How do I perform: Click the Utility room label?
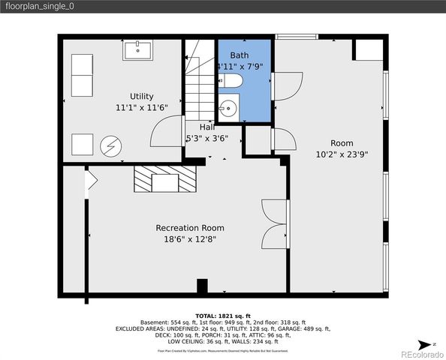pyautogui.click(x=141, y=96)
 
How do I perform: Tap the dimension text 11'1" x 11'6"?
pyautogui.click(x=141, y=107)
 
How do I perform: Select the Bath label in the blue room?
pyautogui.click(x=239, y=55)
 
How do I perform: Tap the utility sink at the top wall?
pyautogui.click(x=137, y=50)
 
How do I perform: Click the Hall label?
pyautogui.click(x=207, y=127)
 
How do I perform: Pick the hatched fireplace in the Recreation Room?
pyautogui.click(x=164, y=180)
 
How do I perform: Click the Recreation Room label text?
pyautogui.click(x=189, y=228)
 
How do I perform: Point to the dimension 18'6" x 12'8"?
pyautogui.click(x=189, y=239)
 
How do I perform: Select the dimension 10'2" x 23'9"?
pyautogui.click(x=342, y=154)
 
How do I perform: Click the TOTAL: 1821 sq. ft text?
pyautogui.click(x=222, y=316)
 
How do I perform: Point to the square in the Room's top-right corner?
pyautogui.click(x=367, y=49)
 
